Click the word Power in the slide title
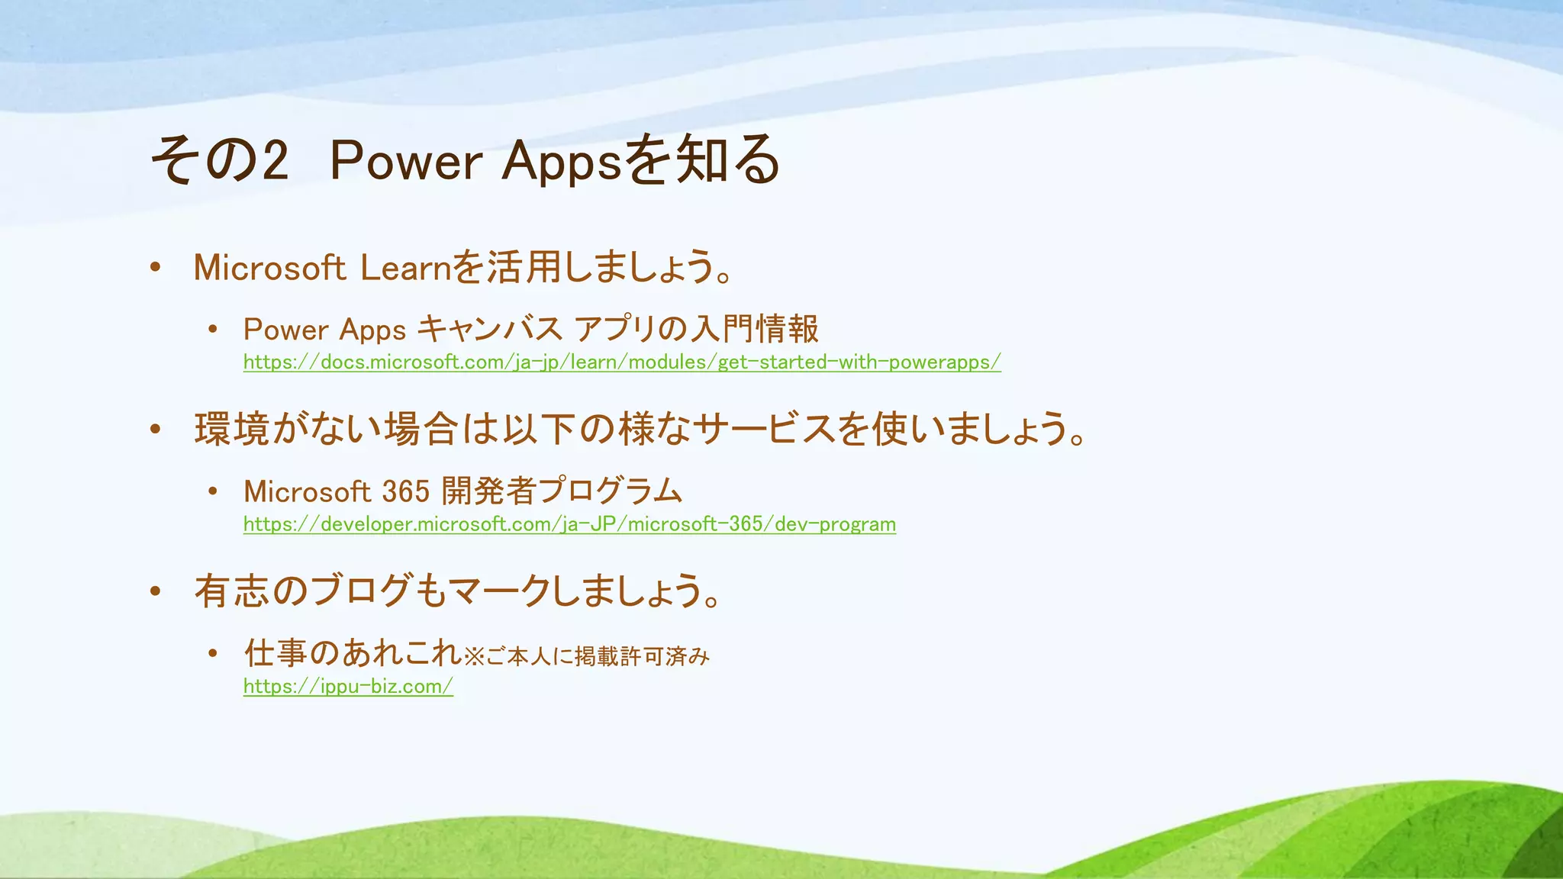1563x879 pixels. (x=405, y=161)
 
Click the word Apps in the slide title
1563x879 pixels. (x=561, y=163)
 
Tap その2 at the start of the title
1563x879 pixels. (x=220, y=161)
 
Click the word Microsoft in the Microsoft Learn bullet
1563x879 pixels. (x=269, y=268)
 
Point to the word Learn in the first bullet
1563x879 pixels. (x=406, y=268)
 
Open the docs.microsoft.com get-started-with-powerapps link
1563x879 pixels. (x=622, y=362)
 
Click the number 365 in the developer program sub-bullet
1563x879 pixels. (x=406, y=491)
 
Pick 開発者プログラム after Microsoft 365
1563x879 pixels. (x=562, y=491)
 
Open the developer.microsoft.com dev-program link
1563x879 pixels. (x=569, y=524)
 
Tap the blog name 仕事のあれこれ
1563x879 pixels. (x=353, y=653)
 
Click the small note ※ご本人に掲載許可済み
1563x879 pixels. (x=587, y=656)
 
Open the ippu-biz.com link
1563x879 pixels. (x=348, y=686)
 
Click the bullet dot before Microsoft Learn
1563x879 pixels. (x=156, y=268)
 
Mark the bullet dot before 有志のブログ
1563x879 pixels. (x=156, y=591)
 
